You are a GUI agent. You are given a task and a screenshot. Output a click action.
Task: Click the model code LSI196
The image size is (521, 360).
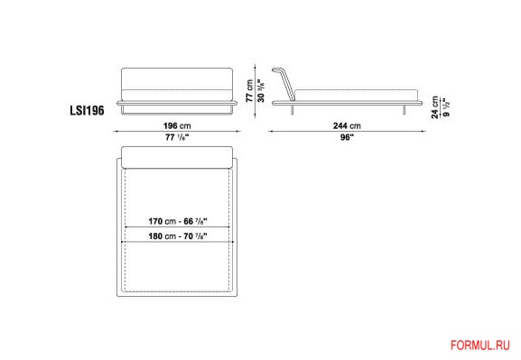click(x=87, y=110)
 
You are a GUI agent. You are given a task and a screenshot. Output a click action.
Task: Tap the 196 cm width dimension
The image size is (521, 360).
click(x=177, y=126)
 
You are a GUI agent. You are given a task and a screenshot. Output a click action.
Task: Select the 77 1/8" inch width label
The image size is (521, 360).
click(x=177, y=137)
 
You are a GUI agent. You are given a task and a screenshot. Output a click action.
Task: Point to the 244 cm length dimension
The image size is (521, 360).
click(x=347, y=126)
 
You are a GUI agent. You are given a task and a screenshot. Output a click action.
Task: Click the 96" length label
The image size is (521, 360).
click(x=347, y=137)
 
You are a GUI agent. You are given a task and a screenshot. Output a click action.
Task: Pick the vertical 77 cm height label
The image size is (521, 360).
click(x=250, y=90)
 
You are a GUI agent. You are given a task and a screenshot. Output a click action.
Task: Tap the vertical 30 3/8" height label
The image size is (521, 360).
click(x=261, y=90)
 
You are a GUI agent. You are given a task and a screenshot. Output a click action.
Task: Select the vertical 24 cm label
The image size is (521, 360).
click(x=435, y=107)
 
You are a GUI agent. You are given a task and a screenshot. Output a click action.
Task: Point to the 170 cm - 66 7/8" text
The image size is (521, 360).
click(x=178, y=221)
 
